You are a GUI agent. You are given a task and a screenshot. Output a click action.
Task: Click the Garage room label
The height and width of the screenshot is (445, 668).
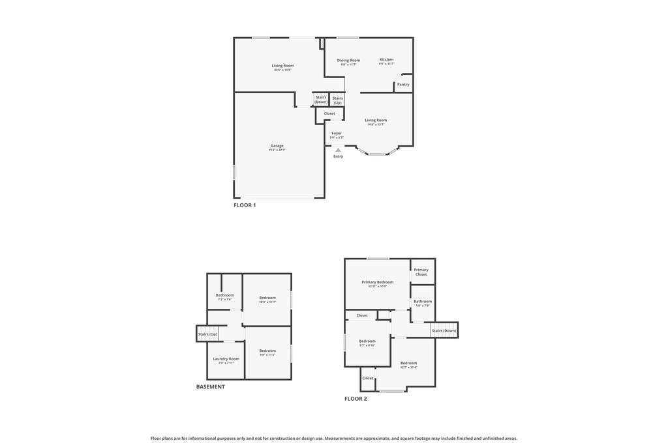click(277, 146)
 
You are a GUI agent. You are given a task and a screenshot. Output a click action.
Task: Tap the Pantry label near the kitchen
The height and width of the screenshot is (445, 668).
click(403, 84)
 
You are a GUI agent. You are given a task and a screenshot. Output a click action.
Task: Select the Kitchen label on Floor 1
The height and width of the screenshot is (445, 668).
click(386, 60)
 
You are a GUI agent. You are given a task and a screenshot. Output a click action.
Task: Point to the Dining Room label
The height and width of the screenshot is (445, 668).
click(348, 61)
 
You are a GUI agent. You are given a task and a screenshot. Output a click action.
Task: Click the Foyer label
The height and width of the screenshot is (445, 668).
click(337, 134)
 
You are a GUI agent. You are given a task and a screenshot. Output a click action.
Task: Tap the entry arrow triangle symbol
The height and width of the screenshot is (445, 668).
click(338, 150)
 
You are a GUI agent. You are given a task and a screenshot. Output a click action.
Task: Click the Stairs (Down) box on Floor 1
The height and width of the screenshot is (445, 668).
click(321, 100)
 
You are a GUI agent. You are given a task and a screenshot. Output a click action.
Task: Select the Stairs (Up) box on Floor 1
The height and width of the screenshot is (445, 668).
click(337, 100)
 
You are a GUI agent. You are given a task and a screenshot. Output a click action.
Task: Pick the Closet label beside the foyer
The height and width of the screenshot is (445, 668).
click(329, 113)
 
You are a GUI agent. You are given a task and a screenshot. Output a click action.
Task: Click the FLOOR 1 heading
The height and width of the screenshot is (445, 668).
click(245, 205)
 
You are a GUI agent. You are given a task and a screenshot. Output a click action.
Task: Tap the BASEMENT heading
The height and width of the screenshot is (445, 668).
click(211, 387)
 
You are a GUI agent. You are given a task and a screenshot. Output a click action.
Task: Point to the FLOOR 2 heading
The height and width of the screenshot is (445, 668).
click(356, 399)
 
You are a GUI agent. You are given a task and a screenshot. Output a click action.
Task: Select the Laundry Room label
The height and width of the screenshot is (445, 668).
click(226, 359)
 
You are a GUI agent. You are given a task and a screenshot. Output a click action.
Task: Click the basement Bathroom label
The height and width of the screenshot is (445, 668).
click(224, 295)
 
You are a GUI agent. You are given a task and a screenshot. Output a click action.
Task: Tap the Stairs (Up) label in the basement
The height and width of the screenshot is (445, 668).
click(207, 334)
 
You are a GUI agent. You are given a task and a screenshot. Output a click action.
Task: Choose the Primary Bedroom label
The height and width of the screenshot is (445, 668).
click(378, 282)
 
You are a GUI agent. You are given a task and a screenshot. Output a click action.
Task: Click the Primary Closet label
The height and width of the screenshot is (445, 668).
click(421, 272)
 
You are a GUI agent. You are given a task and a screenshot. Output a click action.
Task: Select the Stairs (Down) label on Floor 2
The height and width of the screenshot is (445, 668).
click(444, 330)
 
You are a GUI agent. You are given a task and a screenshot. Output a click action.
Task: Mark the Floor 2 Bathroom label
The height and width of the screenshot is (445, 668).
click(422, 301)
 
